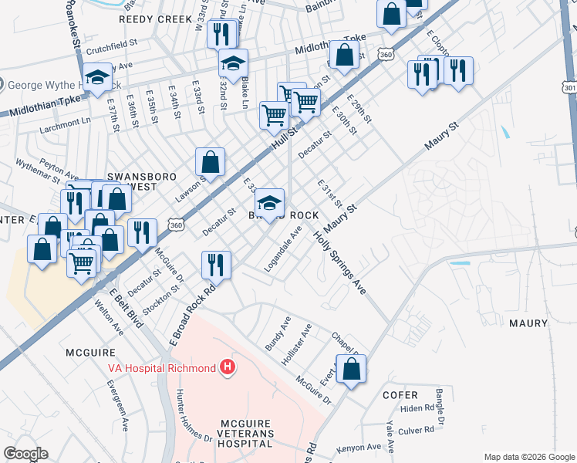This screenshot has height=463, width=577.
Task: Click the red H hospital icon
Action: (227, 367)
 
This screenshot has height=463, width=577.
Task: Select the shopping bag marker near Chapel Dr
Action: (351, 370)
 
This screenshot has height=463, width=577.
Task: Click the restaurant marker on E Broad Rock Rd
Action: (216, 265)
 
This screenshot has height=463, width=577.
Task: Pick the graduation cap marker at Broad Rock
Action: (269, 203)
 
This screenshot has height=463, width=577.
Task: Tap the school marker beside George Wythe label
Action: (98, 78)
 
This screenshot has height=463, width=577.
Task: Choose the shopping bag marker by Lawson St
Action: (210, 162)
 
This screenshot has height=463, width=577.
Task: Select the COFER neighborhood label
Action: (400, 394)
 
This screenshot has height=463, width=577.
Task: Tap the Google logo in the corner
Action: (25, 454)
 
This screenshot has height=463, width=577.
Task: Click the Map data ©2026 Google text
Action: (528, 457)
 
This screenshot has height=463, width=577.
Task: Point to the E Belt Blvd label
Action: (124, 308)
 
